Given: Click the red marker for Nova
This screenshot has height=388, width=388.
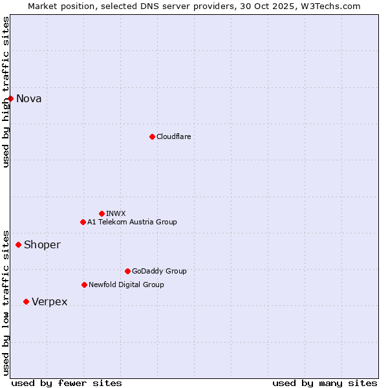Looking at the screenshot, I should coord(11,98).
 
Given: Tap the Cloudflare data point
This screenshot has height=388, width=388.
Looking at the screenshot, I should coord(152,136).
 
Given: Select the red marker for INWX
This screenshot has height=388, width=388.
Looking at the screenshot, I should coord(102,213).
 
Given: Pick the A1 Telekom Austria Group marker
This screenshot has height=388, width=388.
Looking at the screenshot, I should coord(83,222).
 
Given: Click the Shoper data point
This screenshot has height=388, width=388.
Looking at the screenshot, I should coord(19,244).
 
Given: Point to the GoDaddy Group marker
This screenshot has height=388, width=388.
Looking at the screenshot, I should coord(127,271).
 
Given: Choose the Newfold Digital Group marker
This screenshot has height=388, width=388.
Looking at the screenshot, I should coord(84,285).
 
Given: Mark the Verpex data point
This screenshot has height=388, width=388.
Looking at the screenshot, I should coord(26,301).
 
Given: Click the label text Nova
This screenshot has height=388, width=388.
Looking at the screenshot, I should coord(29,99).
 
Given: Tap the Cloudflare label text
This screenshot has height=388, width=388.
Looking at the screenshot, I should coord(173,136).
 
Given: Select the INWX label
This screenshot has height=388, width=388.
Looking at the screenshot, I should coord(116,213).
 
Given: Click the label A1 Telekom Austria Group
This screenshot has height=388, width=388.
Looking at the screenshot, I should coord(132,222).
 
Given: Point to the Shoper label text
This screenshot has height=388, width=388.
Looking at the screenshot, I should coord(42,245).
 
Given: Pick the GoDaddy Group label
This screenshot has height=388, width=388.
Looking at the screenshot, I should coord(159,271).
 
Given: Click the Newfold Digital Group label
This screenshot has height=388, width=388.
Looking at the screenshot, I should coord(126,285).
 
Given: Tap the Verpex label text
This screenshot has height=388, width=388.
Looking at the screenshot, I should coord(50,302).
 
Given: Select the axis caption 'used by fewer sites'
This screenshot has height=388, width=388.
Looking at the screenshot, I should coord(67,383).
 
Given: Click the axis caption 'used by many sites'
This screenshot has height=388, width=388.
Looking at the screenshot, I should coord(325,383).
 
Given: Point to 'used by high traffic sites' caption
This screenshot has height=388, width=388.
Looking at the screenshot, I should coord(6,92).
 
